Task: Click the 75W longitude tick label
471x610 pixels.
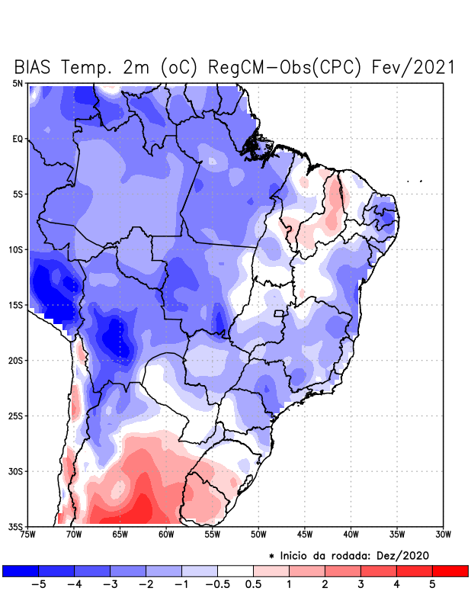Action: (x=27, y=535)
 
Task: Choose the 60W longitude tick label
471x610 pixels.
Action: (x=166, y=535)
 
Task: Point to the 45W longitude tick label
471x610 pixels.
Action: (x=304, y=535)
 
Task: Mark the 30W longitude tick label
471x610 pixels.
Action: (x=443, y=535)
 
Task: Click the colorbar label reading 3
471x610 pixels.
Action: (x=360, y=584)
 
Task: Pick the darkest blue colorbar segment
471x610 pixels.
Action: (x=21, y=570)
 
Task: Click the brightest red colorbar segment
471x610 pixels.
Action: (x=450, y=570)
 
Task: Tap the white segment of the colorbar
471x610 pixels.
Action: (x=235, y=570)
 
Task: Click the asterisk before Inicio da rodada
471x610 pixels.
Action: (x=272, y=557)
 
